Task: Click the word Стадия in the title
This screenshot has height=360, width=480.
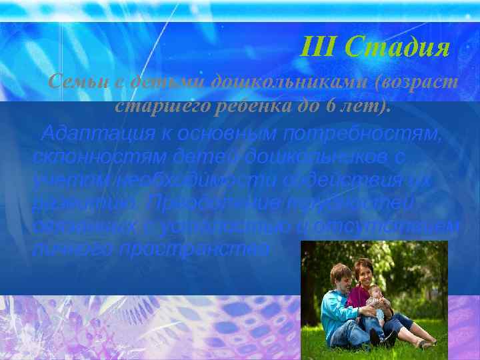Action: click(407, 48)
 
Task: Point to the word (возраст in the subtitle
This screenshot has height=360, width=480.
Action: click(410, 83)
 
